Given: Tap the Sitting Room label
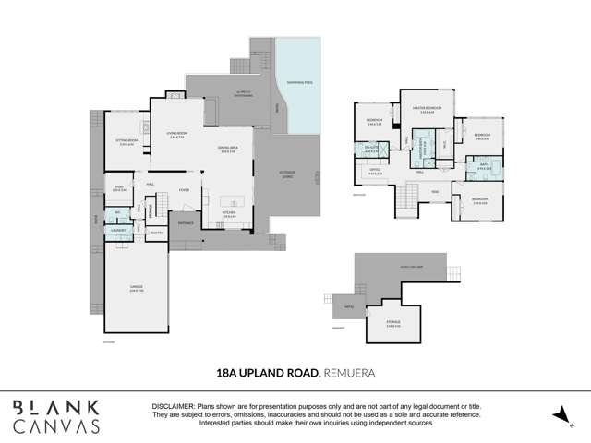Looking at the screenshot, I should [x=127, y=141].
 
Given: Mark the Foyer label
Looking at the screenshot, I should [x=184, y=190].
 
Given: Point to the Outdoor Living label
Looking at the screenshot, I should [x=289, y=174].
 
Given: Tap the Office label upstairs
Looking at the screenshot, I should [x=376, y=170].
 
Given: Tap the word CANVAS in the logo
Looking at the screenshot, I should [x=56, y=426].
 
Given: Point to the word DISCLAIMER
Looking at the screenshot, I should [x=172, y=406].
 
